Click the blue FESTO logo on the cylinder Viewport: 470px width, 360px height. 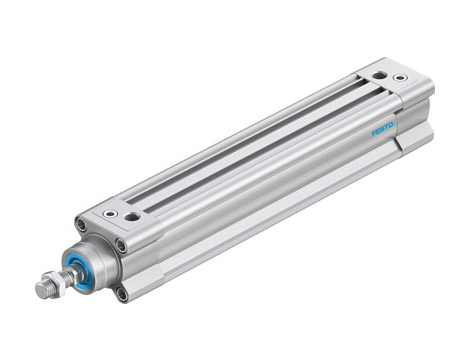click(383, 129)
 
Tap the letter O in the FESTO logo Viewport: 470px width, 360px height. click(391, 125)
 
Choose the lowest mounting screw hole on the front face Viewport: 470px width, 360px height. click(121, 293)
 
